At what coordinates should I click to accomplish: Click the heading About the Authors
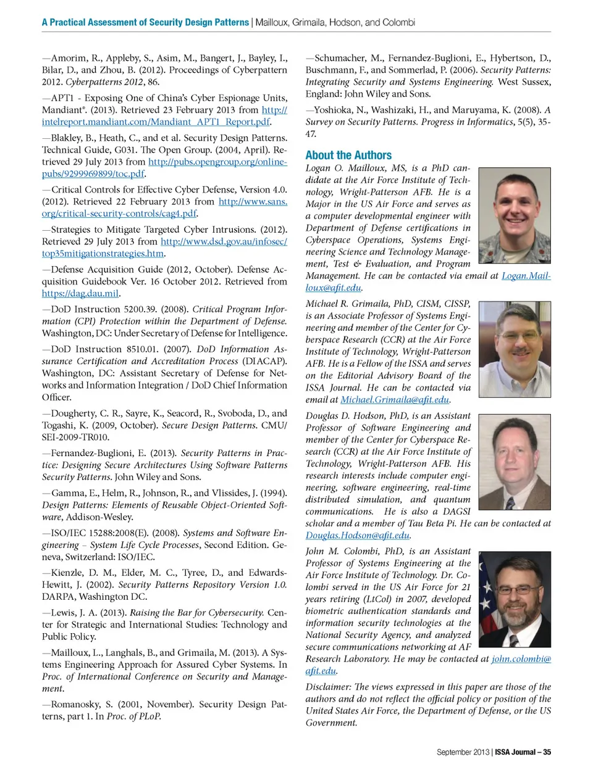(348, 156)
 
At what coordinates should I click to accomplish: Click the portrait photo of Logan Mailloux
(514, 216)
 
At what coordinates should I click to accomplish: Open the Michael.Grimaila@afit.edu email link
(395, 400)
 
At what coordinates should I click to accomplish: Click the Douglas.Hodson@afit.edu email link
(358, 536)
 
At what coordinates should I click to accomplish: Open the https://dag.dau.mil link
(80, 294)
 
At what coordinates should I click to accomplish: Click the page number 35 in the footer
(547, 752)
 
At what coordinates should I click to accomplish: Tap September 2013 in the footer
(463, 752)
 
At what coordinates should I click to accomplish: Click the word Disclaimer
(327, 687)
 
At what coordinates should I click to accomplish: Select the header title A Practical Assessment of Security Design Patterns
(145, 22)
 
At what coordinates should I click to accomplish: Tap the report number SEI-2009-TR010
(75, 438)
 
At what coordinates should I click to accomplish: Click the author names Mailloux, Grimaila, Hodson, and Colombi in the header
(335, 22)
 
